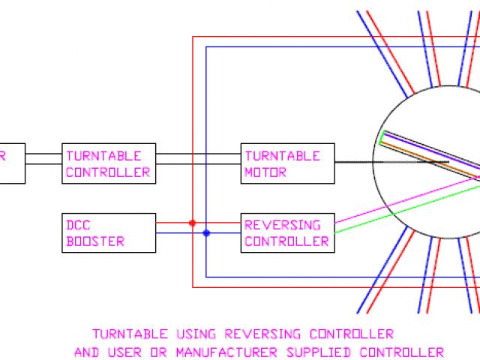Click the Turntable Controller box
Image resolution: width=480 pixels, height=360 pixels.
109,163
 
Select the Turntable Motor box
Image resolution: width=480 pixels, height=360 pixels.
287,163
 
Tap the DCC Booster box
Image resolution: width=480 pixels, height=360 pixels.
109,232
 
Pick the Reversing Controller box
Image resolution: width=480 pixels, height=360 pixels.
287,232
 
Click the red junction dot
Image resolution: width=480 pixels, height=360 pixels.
192,223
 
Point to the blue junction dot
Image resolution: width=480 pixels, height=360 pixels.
206,233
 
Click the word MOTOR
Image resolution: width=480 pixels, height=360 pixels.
265,172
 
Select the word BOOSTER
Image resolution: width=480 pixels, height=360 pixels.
95,241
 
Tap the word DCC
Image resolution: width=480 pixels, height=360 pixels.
79,224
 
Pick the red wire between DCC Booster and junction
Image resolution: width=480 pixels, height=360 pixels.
174,223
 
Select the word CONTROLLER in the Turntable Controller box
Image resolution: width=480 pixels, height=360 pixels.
108,172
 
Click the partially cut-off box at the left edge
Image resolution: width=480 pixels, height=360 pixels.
12,163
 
